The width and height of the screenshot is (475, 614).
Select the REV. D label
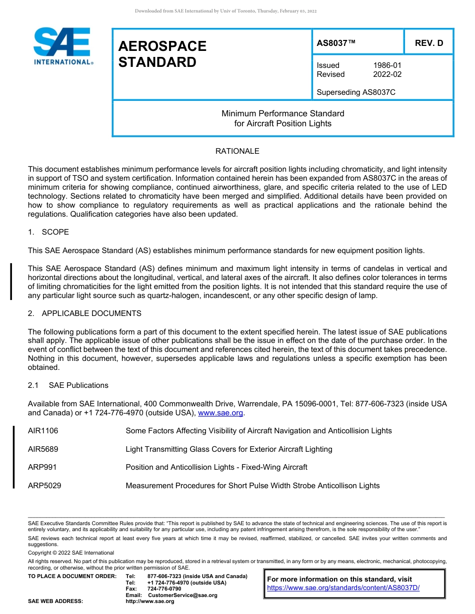429,43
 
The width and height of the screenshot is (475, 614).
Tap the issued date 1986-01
387,65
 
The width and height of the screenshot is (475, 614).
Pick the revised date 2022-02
387,74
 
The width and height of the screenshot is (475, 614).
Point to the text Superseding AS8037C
356,92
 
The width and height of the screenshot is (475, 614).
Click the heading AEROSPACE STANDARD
162,54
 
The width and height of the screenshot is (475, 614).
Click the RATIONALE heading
237,151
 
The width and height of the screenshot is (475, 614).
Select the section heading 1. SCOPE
48,232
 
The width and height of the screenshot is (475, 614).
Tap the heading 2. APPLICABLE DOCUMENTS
84,313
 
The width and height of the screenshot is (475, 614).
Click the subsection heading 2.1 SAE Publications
68,385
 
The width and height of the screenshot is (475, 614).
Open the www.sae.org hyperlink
220,413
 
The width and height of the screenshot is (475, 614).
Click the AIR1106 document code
43,431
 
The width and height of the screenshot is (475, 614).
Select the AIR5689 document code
43,449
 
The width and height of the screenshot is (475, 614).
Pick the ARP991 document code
42,467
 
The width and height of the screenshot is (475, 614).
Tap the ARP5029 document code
44,486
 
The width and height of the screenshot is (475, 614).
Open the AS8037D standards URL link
343,588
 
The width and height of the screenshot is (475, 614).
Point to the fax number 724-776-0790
164,589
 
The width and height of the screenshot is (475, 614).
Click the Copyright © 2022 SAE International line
71,553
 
